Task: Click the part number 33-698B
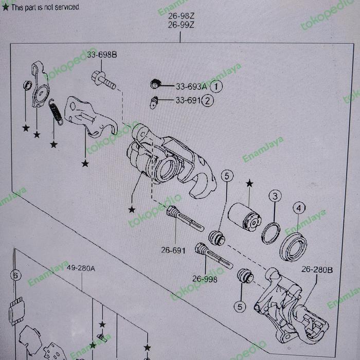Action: click(x=101, y=54)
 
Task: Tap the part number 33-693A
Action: click(x=191, y=86)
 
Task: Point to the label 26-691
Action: click(x=173, y=250)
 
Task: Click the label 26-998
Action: click(x=205, y=279)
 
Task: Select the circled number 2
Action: click(x=207, y=101)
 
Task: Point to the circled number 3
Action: click(x=275, y=196)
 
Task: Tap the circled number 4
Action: click(x=298, y=208)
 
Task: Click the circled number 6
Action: click(x=16, y=276)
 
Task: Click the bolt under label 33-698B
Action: click(x=102, y=80)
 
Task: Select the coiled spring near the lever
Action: click(x=56, y=112)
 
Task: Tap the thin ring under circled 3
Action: click(x=271, y=233)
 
